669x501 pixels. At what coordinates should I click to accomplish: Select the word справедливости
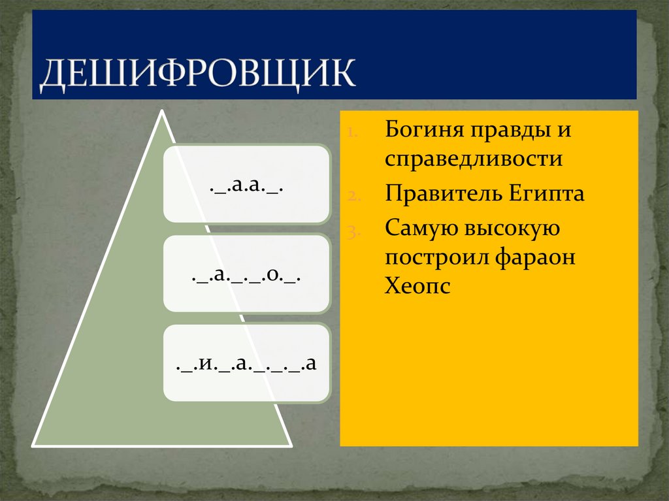pos(474,159)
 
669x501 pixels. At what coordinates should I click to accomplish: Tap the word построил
pos(434,257)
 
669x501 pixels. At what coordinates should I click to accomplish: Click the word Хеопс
pos(417,287)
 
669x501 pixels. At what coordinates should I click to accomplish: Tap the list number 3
pos(351,231)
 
